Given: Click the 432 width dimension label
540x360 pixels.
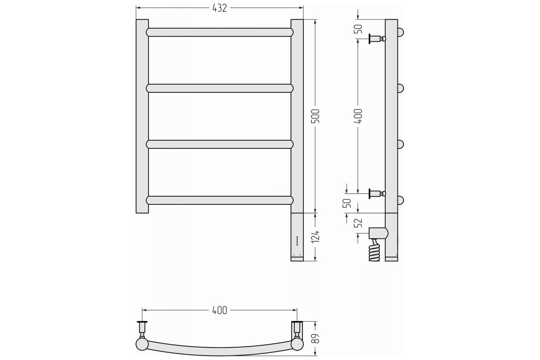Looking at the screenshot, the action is pos(220,8).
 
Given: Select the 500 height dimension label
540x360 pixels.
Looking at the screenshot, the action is pos(315,116).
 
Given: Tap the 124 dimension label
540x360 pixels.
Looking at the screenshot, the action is pos(315,236).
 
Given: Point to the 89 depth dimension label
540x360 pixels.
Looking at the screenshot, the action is pos(315,338).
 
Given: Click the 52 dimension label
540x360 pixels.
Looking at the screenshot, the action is pos(359,223).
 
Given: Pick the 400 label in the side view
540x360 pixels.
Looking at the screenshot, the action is pos(358,116).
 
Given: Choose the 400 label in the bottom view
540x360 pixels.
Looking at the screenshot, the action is pos(220,310).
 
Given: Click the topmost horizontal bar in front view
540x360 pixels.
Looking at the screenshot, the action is pos(220,32).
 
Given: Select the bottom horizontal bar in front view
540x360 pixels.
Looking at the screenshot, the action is pos(220,200).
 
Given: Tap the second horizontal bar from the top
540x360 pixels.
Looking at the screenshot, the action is pos(220,88).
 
